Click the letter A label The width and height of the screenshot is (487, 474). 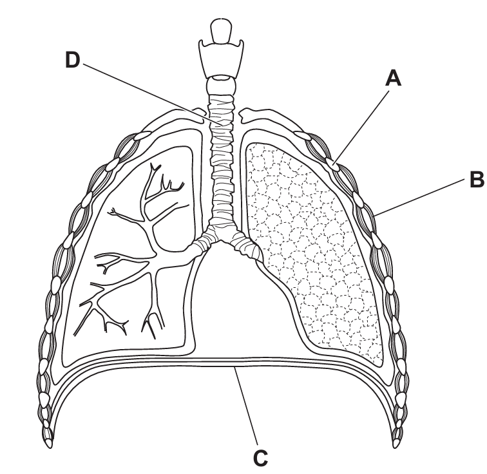click(393, 78)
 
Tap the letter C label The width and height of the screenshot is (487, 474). click(260, 458)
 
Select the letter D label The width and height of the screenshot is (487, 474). click(73, 60)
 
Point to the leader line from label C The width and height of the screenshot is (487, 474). click(247, 407)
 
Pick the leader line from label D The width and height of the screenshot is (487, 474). click(153, 94)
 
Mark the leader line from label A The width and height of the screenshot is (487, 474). click(361, 128)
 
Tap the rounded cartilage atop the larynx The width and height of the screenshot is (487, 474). click(221, 30)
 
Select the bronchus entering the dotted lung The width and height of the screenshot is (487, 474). click(245, 244)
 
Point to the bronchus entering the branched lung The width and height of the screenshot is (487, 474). click(200, 243)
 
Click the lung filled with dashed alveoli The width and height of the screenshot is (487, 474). click(314, 249)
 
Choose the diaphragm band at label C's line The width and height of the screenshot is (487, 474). click(235, 361)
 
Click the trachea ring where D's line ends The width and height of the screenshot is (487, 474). click(222, 124)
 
